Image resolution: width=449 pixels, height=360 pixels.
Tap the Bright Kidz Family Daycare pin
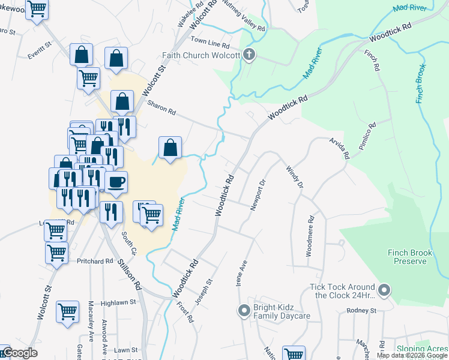point(244,311)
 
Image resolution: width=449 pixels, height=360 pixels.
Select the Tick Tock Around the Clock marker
point(385,291)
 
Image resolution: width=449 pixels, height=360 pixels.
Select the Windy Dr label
point(294,177)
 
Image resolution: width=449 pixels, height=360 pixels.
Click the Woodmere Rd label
point(310,236)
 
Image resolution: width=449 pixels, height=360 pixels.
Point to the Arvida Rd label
point(339,148)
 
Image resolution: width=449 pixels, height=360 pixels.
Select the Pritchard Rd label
point(95,261)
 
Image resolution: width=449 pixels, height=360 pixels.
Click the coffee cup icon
point(116,181)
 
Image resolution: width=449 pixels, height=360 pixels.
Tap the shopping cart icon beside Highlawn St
point(67,311)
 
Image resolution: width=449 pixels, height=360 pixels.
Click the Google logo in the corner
point(20,353)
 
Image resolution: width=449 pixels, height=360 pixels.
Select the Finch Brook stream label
point(420,84)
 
